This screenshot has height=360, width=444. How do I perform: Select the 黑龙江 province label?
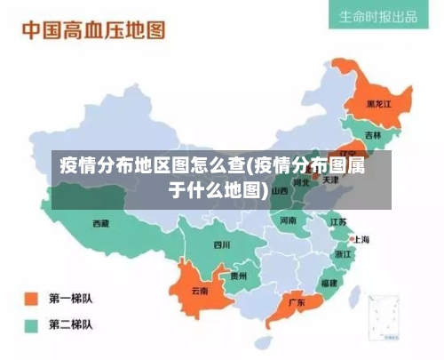pos(380,105)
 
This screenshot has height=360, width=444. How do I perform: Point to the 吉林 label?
pos(372,135)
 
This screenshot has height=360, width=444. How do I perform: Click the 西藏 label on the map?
pos(101,223)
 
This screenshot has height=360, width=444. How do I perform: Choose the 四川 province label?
pos(221,244)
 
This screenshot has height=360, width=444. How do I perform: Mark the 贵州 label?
pos(239,276)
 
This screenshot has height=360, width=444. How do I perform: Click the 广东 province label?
pos(297,302)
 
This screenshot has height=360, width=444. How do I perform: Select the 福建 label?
pos(329,283)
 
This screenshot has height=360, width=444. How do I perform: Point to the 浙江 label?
pos(343,253)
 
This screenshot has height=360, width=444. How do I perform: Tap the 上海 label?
pos(361,239)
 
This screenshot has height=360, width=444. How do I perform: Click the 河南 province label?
pos(289,220)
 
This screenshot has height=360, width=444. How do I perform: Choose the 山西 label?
pos(280,190)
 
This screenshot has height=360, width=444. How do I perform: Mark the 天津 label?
pos(330,180)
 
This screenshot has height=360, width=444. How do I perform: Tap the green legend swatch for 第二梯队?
pos(31,324)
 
